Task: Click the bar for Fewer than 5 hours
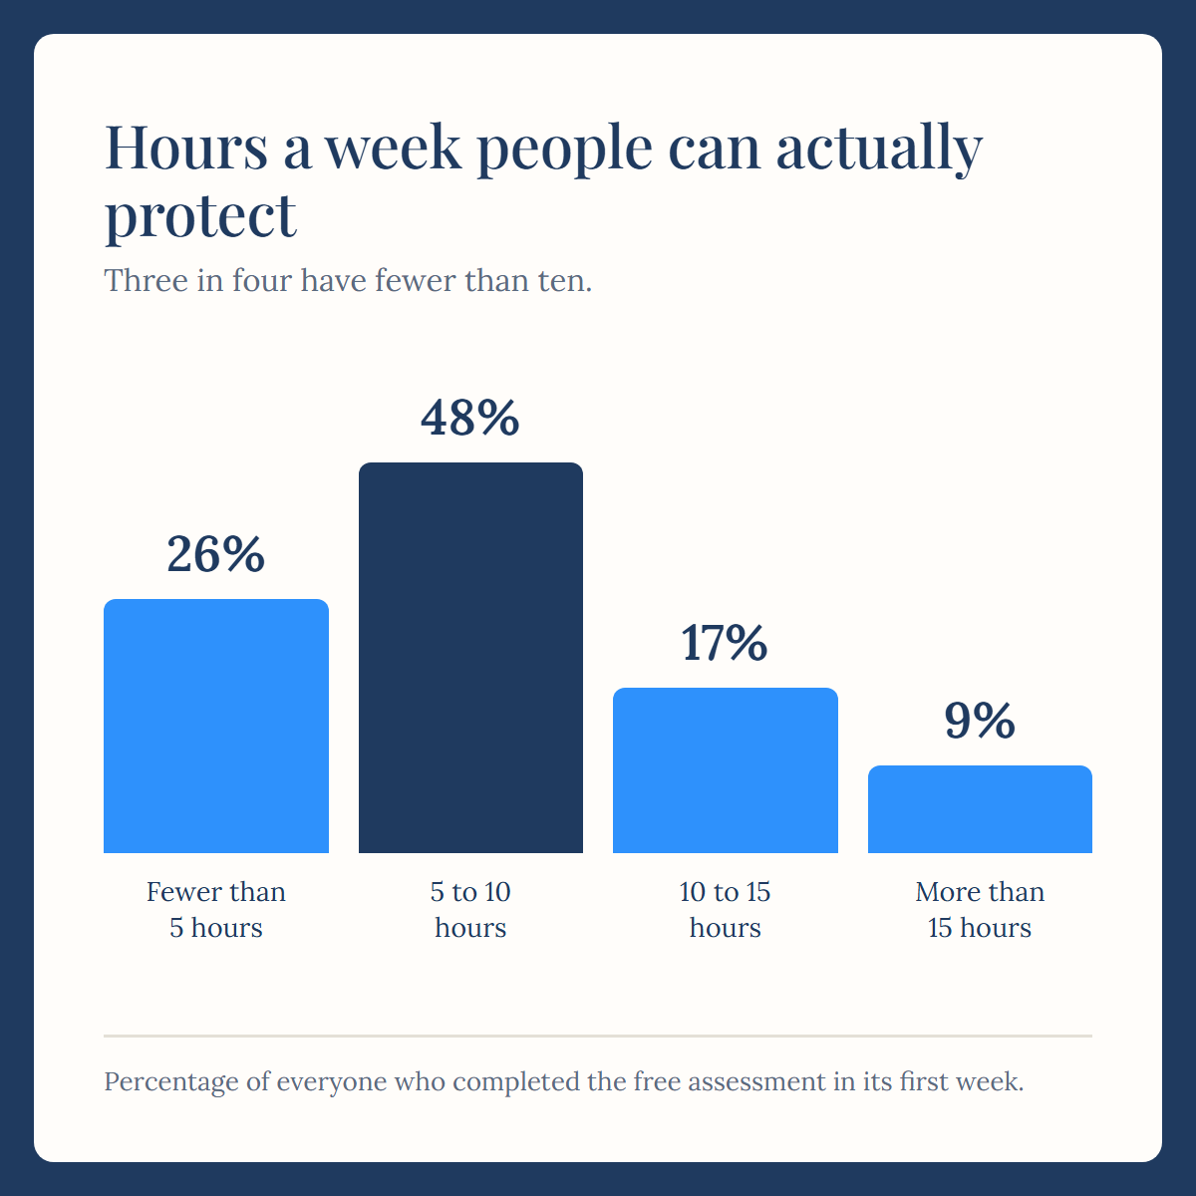[x=216, y=726]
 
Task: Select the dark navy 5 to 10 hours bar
[x=470, y=657]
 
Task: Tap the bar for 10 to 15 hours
[x=726, y=770]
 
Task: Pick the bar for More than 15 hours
[x=980, y=809]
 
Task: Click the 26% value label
[x=216, y=554]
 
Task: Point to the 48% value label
[x=470, y=418]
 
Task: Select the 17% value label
[x=725, y=643]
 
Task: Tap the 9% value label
[x=980, y=721]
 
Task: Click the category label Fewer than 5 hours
[x=216, y=910]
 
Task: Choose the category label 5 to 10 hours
[x=470, y=910]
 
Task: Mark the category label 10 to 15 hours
[x=725, y=910]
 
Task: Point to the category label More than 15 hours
[x=980, y=910]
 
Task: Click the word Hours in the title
[x=186, y=148]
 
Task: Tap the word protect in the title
[x=200, y=216]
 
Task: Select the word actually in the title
[x=879, y=149]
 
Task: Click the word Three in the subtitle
[x=146, y=280]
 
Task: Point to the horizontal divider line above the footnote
[x=598, y=1036]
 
